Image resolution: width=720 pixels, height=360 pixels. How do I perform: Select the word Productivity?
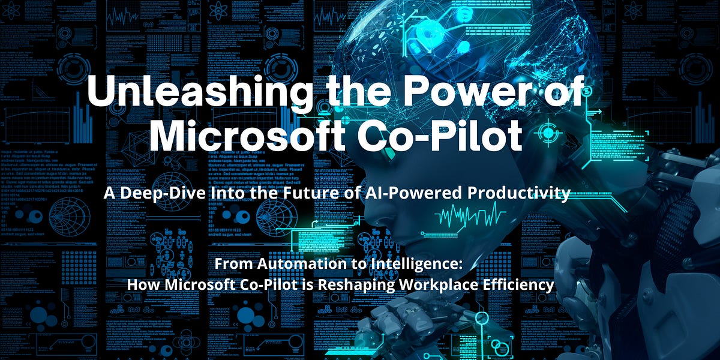click(x=520, y=194)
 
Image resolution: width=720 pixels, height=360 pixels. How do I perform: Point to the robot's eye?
click(x=390, y=154)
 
